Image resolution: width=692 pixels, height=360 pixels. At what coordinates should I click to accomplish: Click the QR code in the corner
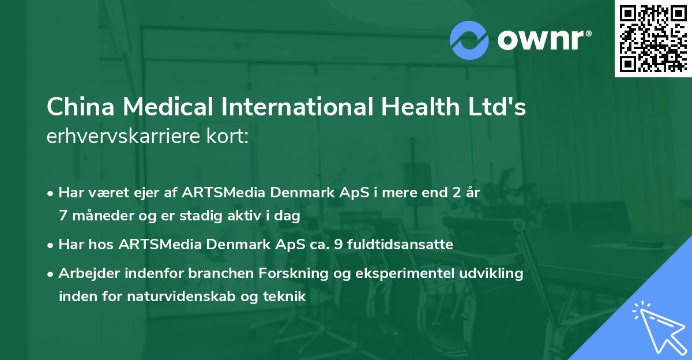pos(653,38)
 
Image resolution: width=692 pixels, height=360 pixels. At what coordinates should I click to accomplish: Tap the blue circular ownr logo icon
pos(469,40)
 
